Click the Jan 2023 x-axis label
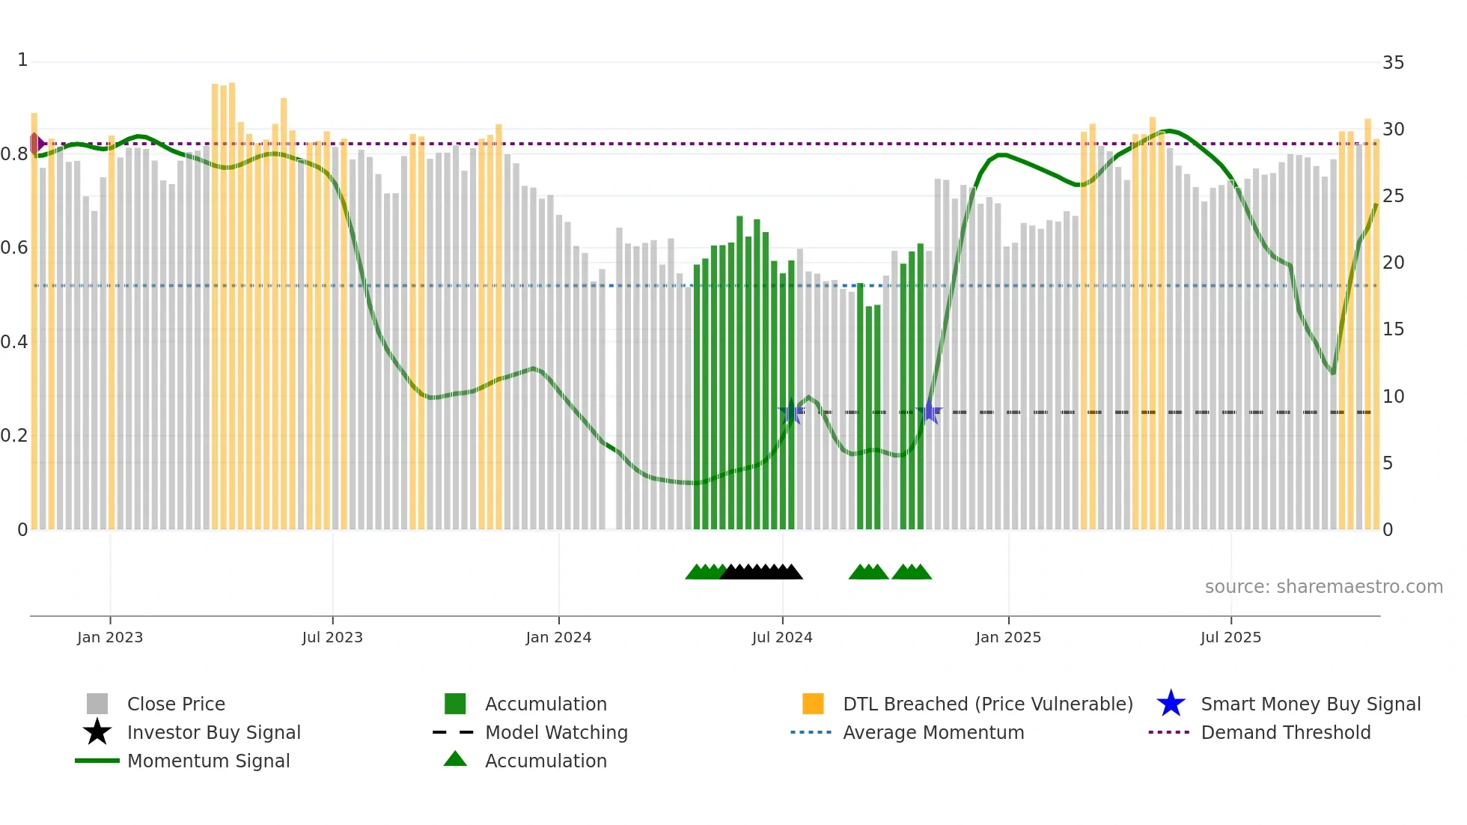(109, 637)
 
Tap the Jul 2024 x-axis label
(782, 637)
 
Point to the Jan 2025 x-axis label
(1008, 637)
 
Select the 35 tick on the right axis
(1393, 63)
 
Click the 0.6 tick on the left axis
(14, 248)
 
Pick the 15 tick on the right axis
(1393, 329)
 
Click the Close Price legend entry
(176, 704)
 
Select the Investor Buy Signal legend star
(97, 732)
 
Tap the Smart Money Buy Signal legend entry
(1310, 704)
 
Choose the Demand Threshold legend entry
(1285, 732)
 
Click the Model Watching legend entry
(555, 732)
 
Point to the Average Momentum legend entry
(933, 732)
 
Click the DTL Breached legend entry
(987, 704)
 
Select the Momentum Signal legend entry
(208, 761)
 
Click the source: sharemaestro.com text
(1323, 587)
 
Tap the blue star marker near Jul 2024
(791, 411)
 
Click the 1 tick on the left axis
(22, 60)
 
